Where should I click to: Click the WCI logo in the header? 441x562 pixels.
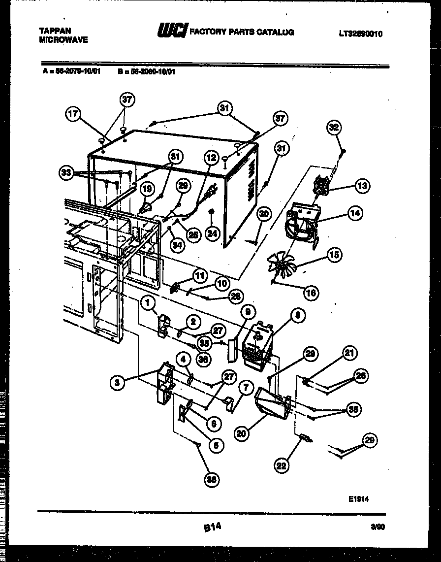coord(172,32)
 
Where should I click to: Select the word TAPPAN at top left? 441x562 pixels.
coord(55,31)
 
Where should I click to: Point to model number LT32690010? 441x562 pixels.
coord(360,34)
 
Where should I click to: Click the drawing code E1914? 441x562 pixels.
coord(358,499)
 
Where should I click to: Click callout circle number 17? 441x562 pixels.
coord(73,114)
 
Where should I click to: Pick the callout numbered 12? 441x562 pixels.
coord(211,158)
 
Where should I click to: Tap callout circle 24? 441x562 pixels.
coord(212,233)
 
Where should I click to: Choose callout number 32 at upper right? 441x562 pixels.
coord(335,128)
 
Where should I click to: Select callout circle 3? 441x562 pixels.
coord(117,382)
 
